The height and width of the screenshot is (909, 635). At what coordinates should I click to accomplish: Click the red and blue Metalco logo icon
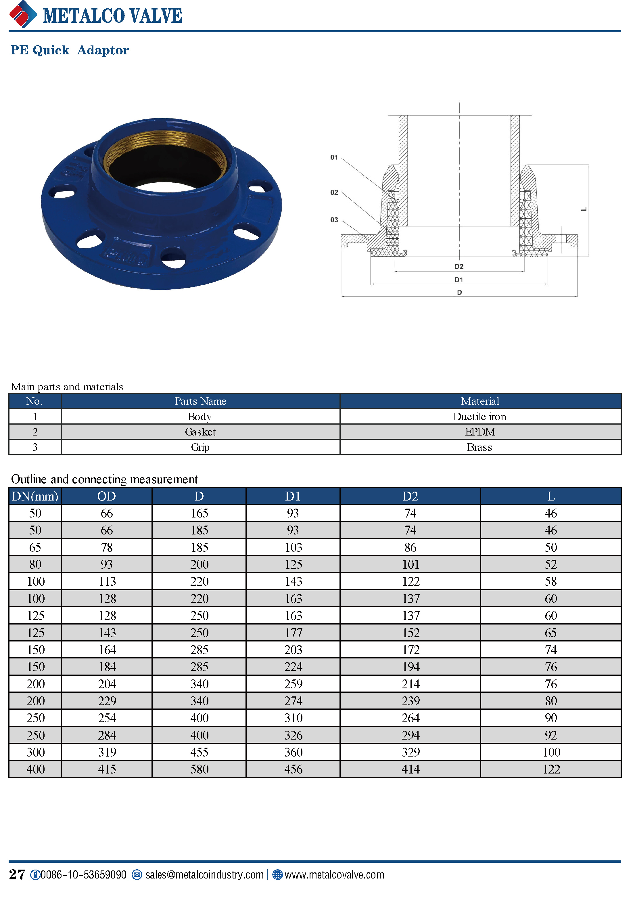point(23,14)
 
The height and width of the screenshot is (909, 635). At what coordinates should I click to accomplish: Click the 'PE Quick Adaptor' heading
point(70,50)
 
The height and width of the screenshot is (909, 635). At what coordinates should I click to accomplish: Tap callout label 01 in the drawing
point(334,157)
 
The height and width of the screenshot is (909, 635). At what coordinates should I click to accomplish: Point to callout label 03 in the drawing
point(334,220)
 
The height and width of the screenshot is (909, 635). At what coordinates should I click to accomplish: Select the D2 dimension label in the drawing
point(458,266)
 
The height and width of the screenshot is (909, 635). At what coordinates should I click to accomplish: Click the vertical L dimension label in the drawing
point(584,209)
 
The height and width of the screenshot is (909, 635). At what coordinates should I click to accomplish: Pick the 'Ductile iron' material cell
point(479,417)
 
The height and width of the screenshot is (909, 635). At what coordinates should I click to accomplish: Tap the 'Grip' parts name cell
point(200,447)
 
